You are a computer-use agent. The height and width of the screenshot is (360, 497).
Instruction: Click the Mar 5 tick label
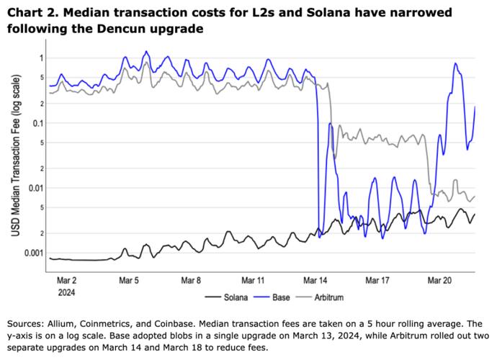(127, 279)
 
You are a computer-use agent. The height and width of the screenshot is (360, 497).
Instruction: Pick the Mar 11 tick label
(252, 279)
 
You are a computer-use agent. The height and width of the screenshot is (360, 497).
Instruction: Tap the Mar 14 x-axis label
(315, 279)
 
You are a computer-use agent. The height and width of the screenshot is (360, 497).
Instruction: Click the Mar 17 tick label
(377, 279)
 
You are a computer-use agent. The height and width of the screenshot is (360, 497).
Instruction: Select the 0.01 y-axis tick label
(35, 188)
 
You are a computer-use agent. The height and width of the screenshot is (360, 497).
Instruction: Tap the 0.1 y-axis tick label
(37, 123)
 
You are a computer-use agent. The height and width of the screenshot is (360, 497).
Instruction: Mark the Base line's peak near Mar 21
(456, 63)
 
